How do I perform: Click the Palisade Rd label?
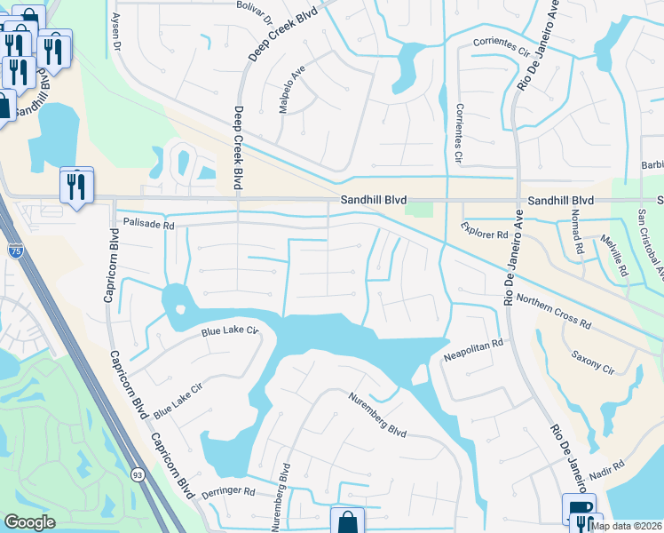click(147, 224)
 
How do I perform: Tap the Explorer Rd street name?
click(484, 232)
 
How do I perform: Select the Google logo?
click(30, 522)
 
